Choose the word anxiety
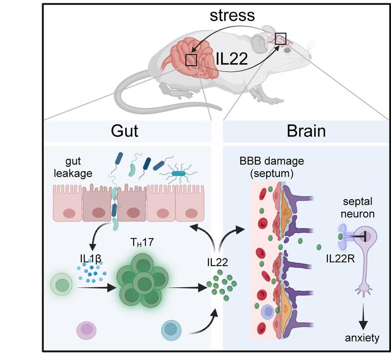[x=363, y=337]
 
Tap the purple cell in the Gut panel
[x=88, y=330]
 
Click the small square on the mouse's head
[x=280, y=38]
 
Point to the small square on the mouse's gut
[x=191, y=60]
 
